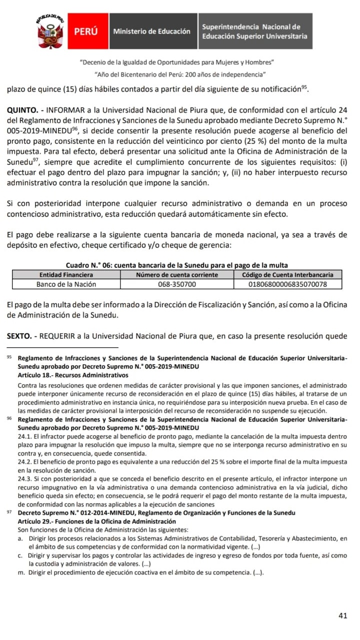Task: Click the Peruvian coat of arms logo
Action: tap(49, 31)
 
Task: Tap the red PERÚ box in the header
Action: tap(85, 31)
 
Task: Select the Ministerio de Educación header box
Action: tap(151, 31)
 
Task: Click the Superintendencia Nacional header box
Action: tap(254, 31)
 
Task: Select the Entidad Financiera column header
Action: tap(66, 275)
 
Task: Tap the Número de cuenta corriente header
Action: tap(177, 275)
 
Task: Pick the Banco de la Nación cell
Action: tap(66, 284)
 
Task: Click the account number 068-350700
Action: tap(177, 284)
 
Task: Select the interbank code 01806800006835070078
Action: tap(287, 284)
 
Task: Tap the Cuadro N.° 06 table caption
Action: tap(177, 265)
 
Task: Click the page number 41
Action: tap(342, 616)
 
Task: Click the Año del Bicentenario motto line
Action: tap(179, 74)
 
